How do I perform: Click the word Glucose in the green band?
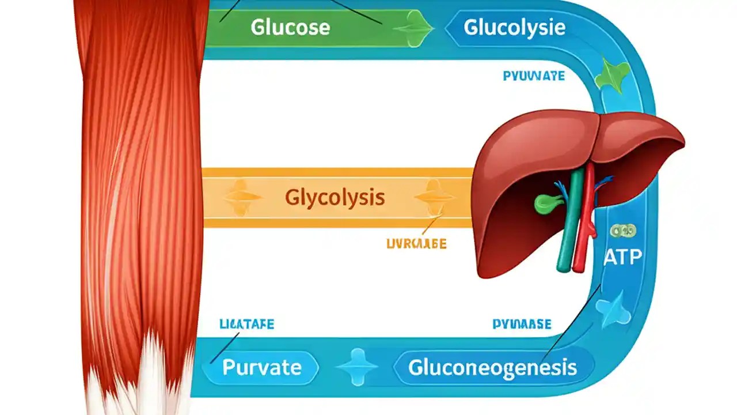coord(290,27)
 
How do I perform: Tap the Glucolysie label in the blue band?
coord(514,27)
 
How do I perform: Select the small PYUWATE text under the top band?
coord(534,76)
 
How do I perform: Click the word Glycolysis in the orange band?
coord(335,198)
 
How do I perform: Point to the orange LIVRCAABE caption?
coord(416,244)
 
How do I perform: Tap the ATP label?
coord(622,257)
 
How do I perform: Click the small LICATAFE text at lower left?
coord(247,325)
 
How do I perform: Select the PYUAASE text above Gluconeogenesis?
coord(522,325)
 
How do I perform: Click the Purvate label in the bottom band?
coord(261,367)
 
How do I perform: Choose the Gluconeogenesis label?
coord(492,367)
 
